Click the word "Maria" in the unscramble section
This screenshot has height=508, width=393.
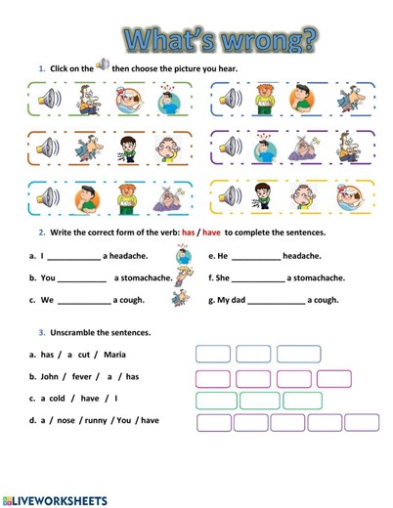114,355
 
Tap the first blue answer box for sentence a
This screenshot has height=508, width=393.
213,354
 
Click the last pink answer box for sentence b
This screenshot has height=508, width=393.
333,378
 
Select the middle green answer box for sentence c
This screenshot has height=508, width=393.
259,401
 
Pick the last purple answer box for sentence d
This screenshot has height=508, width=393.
361,422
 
